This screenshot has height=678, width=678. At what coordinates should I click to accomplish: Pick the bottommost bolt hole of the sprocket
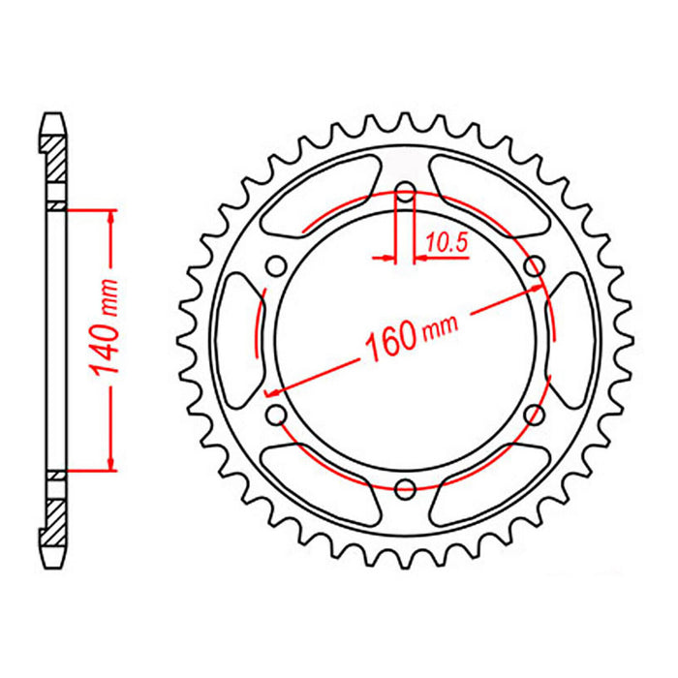pos(406,486)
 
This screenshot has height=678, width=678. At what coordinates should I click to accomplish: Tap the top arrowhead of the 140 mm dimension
pos(112,217)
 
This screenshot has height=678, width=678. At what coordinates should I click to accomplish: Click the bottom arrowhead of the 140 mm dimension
pos(112,463)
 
